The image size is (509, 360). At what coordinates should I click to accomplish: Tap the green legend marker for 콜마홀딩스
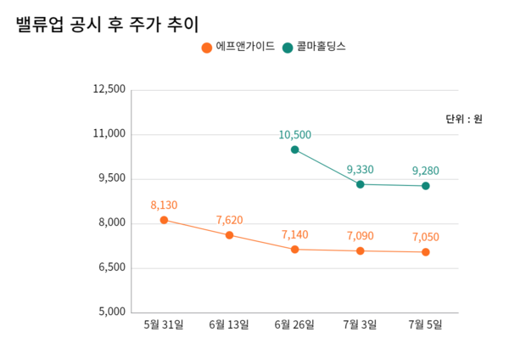coord(288,48)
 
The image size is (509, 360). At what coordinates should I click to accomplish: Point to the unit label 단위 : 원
coord(463,119)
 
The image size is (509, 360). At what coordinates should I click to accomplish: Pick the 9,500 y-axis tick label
coord(112,178)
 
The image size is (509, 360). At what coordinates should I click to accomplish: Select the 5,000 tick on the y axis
coord(112,312)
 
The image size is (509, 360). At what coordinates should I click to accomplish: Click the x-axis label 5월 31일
coord(164,325)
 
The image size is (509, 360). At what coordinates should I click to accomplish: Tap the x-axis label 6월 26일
coord(294,325)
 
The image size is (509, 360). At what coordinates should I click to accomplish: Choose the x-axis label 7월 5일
coord(425,325)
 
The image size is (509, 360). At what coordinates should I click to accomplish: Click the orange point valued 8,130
coord(164,220)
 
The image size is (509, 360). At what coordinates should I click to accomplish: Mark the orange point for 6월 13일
coord(229,235)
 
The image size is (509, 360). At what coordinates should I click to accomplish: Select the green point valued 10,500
coord(294,149)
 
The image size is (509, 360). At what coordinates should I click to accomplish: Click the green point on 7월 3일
coord(360,184)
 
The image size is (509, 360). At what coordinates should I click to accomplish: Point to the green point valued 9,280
coord(425,186)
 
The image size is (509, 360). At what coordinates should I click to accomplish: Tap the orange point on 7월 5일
coord(425,252)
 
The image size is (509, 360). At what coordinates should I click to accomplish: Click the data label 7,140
coord(294,234)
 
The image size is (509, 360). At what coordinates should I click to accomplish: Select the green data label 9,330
coord(360,170)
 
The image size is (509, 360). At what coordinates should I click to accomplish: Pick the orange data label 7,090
coord(360,236)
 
